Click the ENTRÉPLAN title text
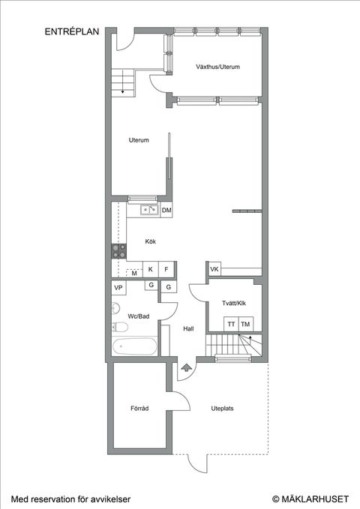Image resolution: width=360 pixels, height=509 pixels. coord(71,32)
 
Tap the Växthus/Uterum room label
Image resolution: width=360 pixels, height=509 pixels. coord(217,67)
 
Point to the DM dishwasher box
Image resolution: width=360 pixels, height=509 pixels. coord(166,211)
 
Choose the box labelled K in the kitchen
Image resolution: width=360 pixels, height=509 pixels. coord(151,269)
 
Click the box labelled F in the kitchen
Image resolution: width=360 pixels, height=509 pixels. coord(167,269)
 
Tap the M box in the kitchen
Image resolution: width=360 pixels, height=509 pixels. coord(134,273)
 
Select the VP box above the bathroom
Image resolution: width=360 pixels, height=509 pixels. coord(118,288)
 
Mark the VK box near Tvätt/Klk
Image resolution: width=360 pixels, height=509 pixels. coord(214,270)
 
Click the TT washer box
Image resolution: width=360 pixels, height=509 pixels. coord(232,323)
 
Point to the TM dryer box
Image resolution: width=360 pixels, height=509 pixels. coord(245,323)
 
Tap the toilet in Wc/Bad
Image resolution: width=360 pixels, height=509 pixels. coord(119,328)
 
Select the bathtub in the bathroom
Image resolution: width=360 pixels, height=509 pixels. coord(135,347)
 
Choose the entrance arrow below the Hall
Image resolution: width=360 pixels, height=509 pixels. coord(186,367)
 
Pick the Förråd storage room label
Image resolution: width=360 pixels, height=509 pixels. coord(139,409)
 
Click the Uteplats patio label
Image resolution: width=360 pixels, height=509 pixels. coord(223,409)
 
